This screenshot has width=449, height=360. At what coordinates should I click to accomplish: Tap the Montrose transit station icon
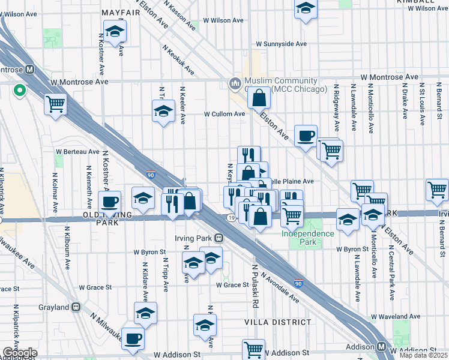(x=29, y=70)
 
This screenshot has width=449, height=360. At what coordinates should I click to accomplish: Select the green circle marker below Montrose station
(x=19, y=91)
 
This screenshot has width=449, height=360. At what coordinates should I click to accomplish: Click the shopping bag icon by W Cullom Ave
(x=258, y=98)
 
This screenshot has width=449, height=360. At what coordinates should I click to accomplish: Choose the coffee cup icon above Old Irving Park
(x=109, y=202)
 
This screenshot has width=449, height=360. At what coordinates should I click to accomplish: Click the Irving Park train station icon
(x=219, y=238)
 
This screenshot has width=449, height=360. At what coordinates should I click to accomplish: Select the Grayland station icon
(x=76, y=307)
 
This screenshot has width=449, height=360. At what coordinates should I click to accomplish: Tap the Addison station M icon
(x=382, y=347)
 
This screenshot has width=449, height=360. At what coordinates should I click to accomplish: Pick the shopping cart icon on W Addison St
(x=253, y=348)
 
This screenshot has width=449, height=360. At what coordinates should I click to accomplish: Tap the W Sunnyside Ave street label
(x=281, y=44)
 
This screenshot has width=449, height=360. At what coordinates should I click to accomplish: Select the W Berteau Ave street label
(x=77, y=152)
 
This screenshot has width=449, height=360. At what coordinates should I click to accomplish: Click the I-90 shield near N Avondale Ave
(x=298, y=283)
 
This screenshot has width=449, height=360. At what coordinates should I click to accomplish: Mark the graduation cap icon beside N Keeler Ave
(x=163, y=111)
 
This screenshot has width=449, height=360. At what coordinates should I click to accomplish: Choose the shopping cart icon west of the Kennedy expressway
(x=55, y=104)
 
